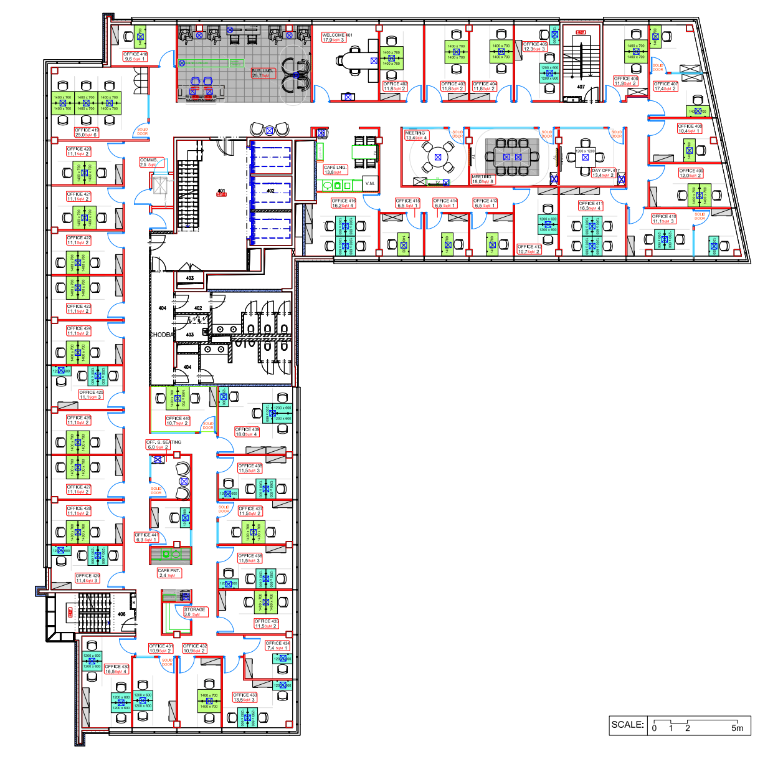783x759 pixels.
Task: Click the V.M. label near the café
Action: click(x=370, y=183)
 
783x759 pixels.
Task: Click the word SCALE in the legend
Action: click(x=627, y=725)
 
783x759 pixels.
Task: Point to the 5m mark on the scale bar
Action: click(x=737, y=728)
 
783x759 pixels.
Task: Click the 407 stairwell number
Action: click(x=581, y=87)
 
